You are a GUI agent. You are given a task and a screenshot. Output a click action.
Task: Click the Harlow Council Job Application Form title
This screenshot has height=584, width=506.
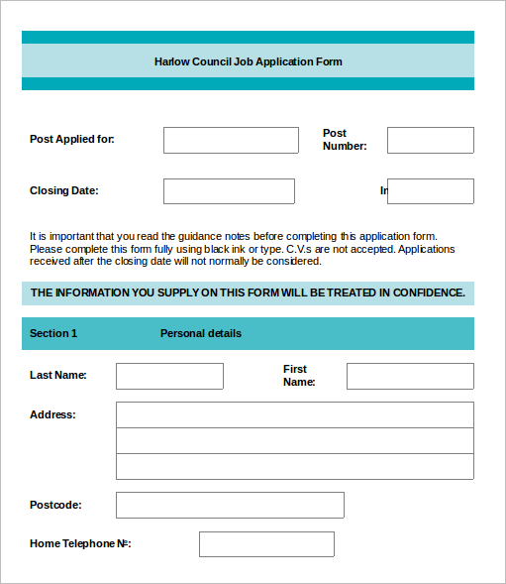248,61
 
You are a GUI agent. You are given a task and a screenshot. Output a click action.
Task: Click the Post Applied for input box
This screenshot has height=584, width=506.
231,140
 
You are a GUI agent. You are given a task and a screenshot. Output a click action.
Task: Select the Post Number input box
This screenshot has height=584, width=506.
430,140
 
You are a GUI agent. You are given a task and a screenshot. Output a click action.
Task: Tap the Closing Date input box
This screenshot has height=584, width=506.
229,191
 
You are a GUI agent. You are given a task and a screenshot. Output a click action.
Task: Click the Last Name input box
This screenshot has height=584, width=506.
169,376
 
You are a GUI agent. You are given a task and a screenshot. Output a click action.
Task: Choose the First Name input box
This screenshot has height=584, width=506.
410,376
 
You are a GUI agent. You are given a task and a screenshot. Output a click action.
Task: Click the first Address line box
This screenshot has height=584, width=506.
295,414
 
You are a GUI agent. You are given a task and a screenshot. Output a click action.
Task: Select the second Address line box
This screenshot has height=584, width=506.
295,441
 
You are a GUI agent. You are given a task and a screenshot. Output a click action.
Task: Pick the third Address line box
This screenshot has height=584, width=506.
295,467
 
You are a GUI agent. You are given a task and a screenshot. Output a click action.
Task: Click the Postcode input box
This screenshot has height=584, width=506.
230,505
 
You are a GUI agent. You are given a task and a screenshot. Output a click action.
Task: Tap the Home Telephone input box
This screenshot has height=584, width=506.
266,544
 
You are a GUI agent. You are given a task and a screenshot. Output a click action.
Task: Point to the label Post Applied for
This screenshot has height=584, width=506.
72,139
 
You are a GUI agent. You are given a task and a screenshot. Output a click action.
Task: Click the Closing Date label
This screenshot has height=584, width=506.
64,190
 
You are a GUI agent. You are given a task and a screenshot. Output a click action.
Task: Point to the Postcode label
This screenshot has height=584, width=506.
55,505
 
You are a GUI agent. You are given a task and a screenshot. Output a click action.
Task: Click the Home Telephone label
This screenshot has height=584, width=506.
80,543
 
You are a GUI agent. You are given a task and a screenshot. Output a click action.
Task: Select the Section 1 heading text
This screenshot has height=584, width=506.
53,333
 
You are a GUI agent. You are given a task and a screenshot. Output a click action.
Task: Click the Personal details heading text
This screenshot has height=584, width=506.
201,333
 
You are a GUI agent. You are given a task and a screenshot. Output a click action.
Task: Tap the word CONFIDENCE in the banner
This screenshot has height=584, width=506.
428,292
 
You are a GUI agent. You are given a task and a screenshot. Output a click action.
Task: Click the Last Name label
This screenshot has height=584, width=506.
58,375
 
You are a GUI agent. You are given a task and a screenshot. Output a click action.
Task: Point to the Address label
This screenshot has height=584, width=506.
52,414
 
